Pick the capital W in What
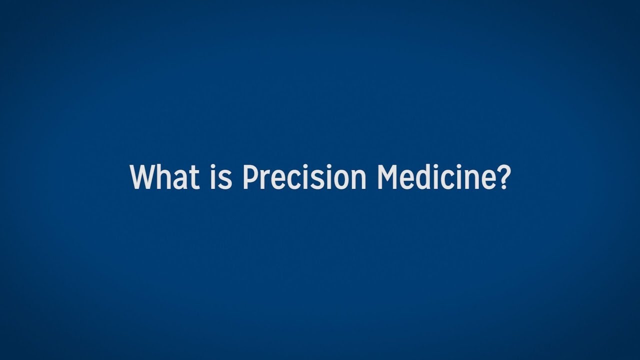[142, 177]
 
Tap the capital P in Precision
[249, 177]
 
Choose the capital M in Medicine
[388, 177]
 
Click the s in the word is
[226, 180]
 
